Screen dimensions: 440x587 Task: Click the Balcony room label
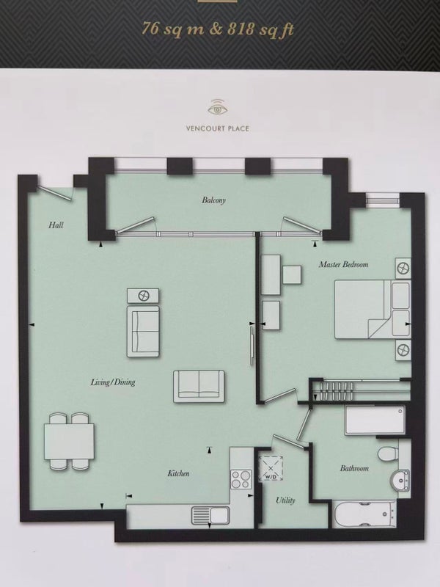click(x=213, y=200)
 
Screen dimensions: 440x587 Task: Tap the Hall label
click(x=56, y=225)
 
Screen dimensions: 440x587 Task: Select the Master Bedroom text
click(x=343, y=264)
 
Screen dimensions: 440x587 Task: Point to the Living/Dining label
click(x=113, y=382)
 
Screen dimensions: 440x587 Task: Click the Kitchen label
click(x=178, y=473)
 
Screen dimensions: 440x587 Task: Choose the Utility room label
click(x=285, y=500)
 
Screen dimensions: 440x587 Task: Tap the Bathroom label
click(x=354, y=468)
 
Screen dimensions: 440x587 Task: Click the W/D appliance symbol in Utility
click(x=271, y=469)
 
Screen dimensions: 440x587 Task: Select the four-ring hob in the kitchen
click(x=241, y=479)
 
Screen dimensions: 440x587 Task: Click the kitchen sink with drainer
click(x=210, y=515)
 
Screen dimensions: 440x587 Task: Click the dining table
click(x=69, y=442)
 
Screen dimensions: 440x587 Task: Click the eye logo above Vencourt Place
click(x=217, y=106)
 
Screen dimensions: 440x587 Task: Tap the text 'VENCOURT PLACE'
click(x=217, y=128)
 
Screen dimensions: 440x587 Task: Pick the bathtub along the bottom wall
click(x=364, y=515)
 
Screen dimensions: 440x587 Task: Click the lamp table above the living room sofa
click(x=142, y=296)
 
